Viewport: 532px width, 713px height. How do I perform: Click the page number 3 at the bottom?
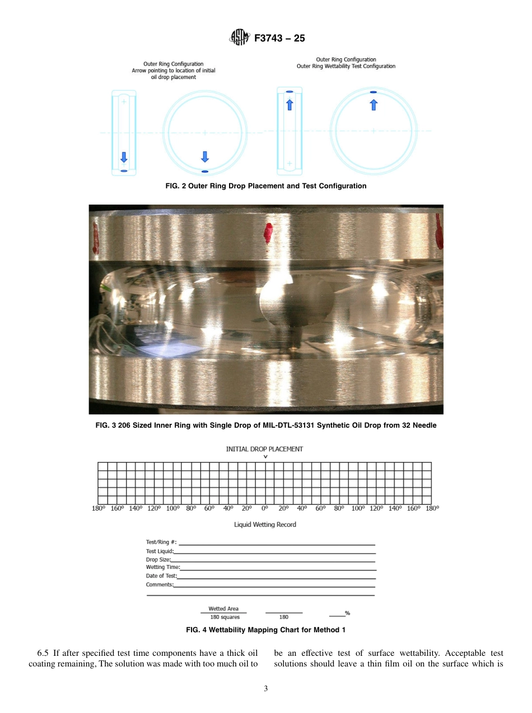point(266,688)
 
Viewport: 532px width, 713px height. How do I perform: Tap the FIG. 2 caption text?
point(266,186)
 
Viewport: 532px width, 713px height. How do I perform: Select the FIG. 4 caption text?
point(265,630)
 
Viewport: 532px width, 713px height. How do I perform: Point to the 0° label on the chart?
point(265,508)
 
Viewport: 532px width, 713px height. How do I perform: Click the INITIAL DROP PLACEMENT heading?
point(264,449)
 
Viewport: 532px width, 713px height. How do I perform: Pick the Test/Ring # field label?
point(161,542)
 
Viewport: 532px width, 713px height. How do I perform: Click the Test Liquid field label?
point(160,551)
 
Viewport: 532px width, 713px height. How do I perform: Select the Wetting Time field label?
point(162,567)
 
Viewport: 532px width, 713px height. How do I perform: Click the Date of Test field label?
point(161,576)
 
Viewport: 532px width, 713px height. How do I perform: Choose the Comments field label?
point(160,585)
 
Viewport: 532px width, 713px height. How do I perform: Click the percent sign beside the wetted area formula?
point(347,613)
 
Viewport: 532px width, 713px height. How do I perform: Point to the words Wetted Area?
point(223,609)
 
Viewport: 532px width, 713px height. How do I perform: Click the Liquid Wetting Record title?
point(265,525)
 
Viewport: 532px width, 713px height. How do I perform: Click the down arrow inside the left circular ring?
point(205,156)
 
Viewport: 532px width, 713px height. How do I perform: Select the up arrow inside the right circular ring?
point(374,104)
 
